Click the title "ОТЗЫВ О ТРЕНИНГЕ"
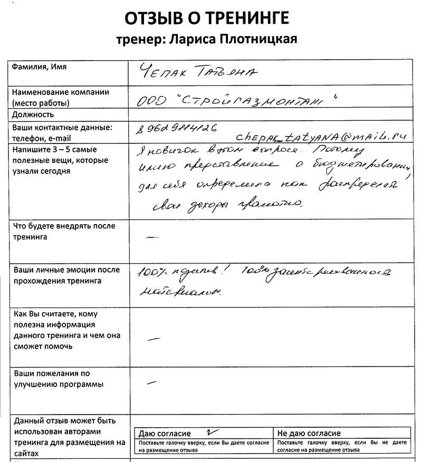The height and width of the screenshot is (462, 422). coord(206,18)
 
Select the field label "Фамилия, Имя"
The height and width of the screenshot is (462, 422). coord(40,68)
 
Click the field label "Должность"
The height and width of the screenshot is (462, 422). coord(34,114)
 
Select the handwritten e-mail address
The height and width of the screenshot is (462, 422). coord(322,137)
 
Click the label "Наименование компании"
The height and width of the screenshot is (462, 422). coord(61,92)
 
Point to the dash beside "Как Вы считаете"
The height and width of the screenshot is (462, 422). coord(155,337)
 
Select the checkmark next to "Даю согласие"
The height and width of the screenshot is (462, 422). coord(209,431)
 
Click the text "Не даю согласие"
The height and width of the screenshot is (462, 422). coord(309,434)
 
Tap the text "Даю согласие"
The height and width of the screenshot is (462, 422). coord(164,434)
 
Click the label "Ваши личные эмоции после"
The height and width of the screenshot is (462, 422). coord(66,269)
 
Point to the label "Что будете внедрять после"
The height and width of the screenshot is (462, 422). coord(64,226)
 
